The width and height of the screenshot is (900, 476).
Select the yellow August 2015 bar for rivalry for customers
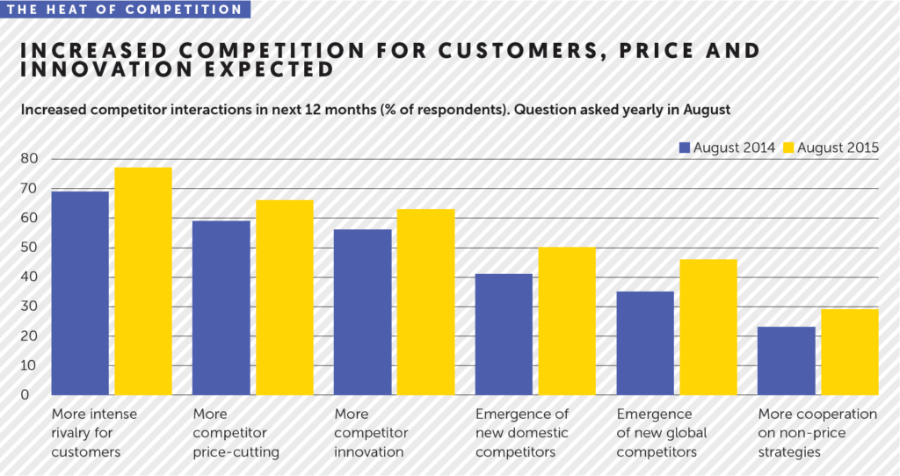[143, 281]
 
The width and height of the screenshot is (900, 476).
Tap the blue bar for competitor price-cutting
[221, 307]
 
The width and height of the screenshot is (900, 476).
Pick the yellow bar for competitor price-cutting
[284, 297]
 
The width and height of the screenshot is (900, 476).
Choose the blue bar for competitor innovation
[362, 312]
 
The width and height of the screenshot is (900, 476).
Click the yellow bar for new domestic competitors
[567, 321]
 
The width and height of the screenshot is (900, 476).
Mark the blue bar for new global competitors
[645, 343]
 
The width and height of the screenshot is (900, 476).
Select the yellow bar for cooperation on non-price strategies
[850, 351]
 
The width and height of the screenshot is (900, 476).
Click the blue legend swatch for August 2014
[685, 147]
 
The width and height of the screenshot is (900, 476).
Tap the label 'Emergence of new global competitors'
[662, 433]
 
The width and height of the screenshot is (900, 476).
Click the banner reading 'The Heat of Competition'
[124, 10]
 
